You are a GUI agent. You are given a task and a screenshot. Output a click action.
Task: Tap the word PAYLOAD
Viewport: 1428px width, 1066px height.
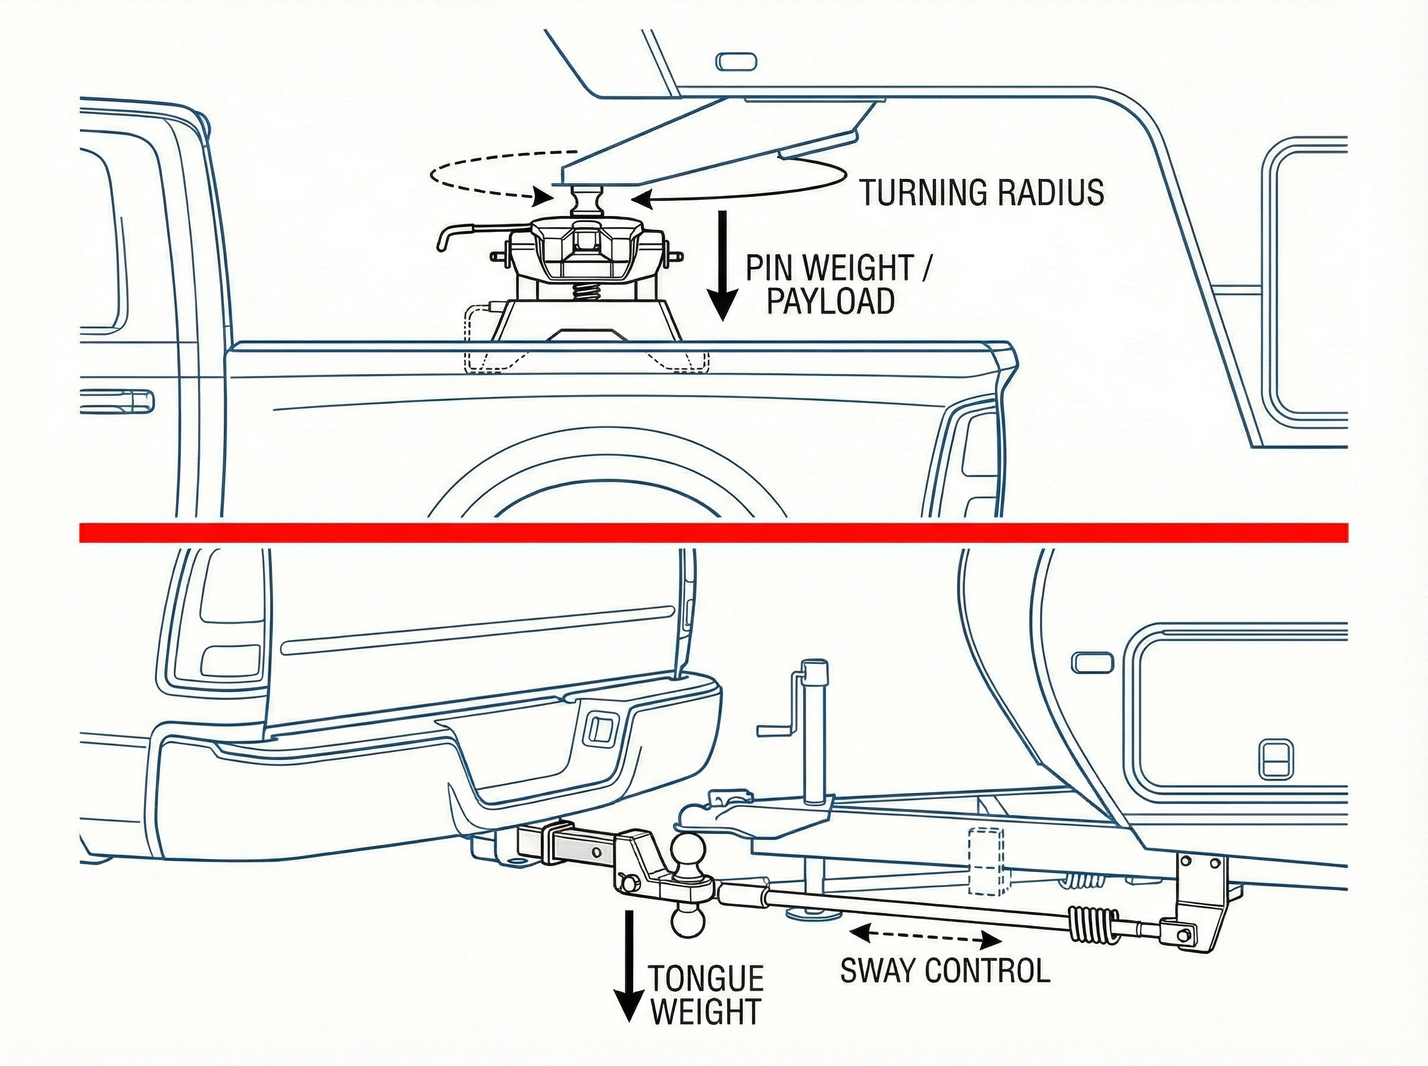(831, 300)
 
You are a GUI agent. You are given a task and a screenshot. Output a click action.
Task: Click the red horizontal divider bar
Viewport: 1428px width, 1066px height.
(713, 532)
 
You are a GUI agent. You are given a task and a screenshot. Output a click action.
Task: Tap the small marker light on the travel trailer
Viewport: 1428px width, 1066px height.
(1092, 663)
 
